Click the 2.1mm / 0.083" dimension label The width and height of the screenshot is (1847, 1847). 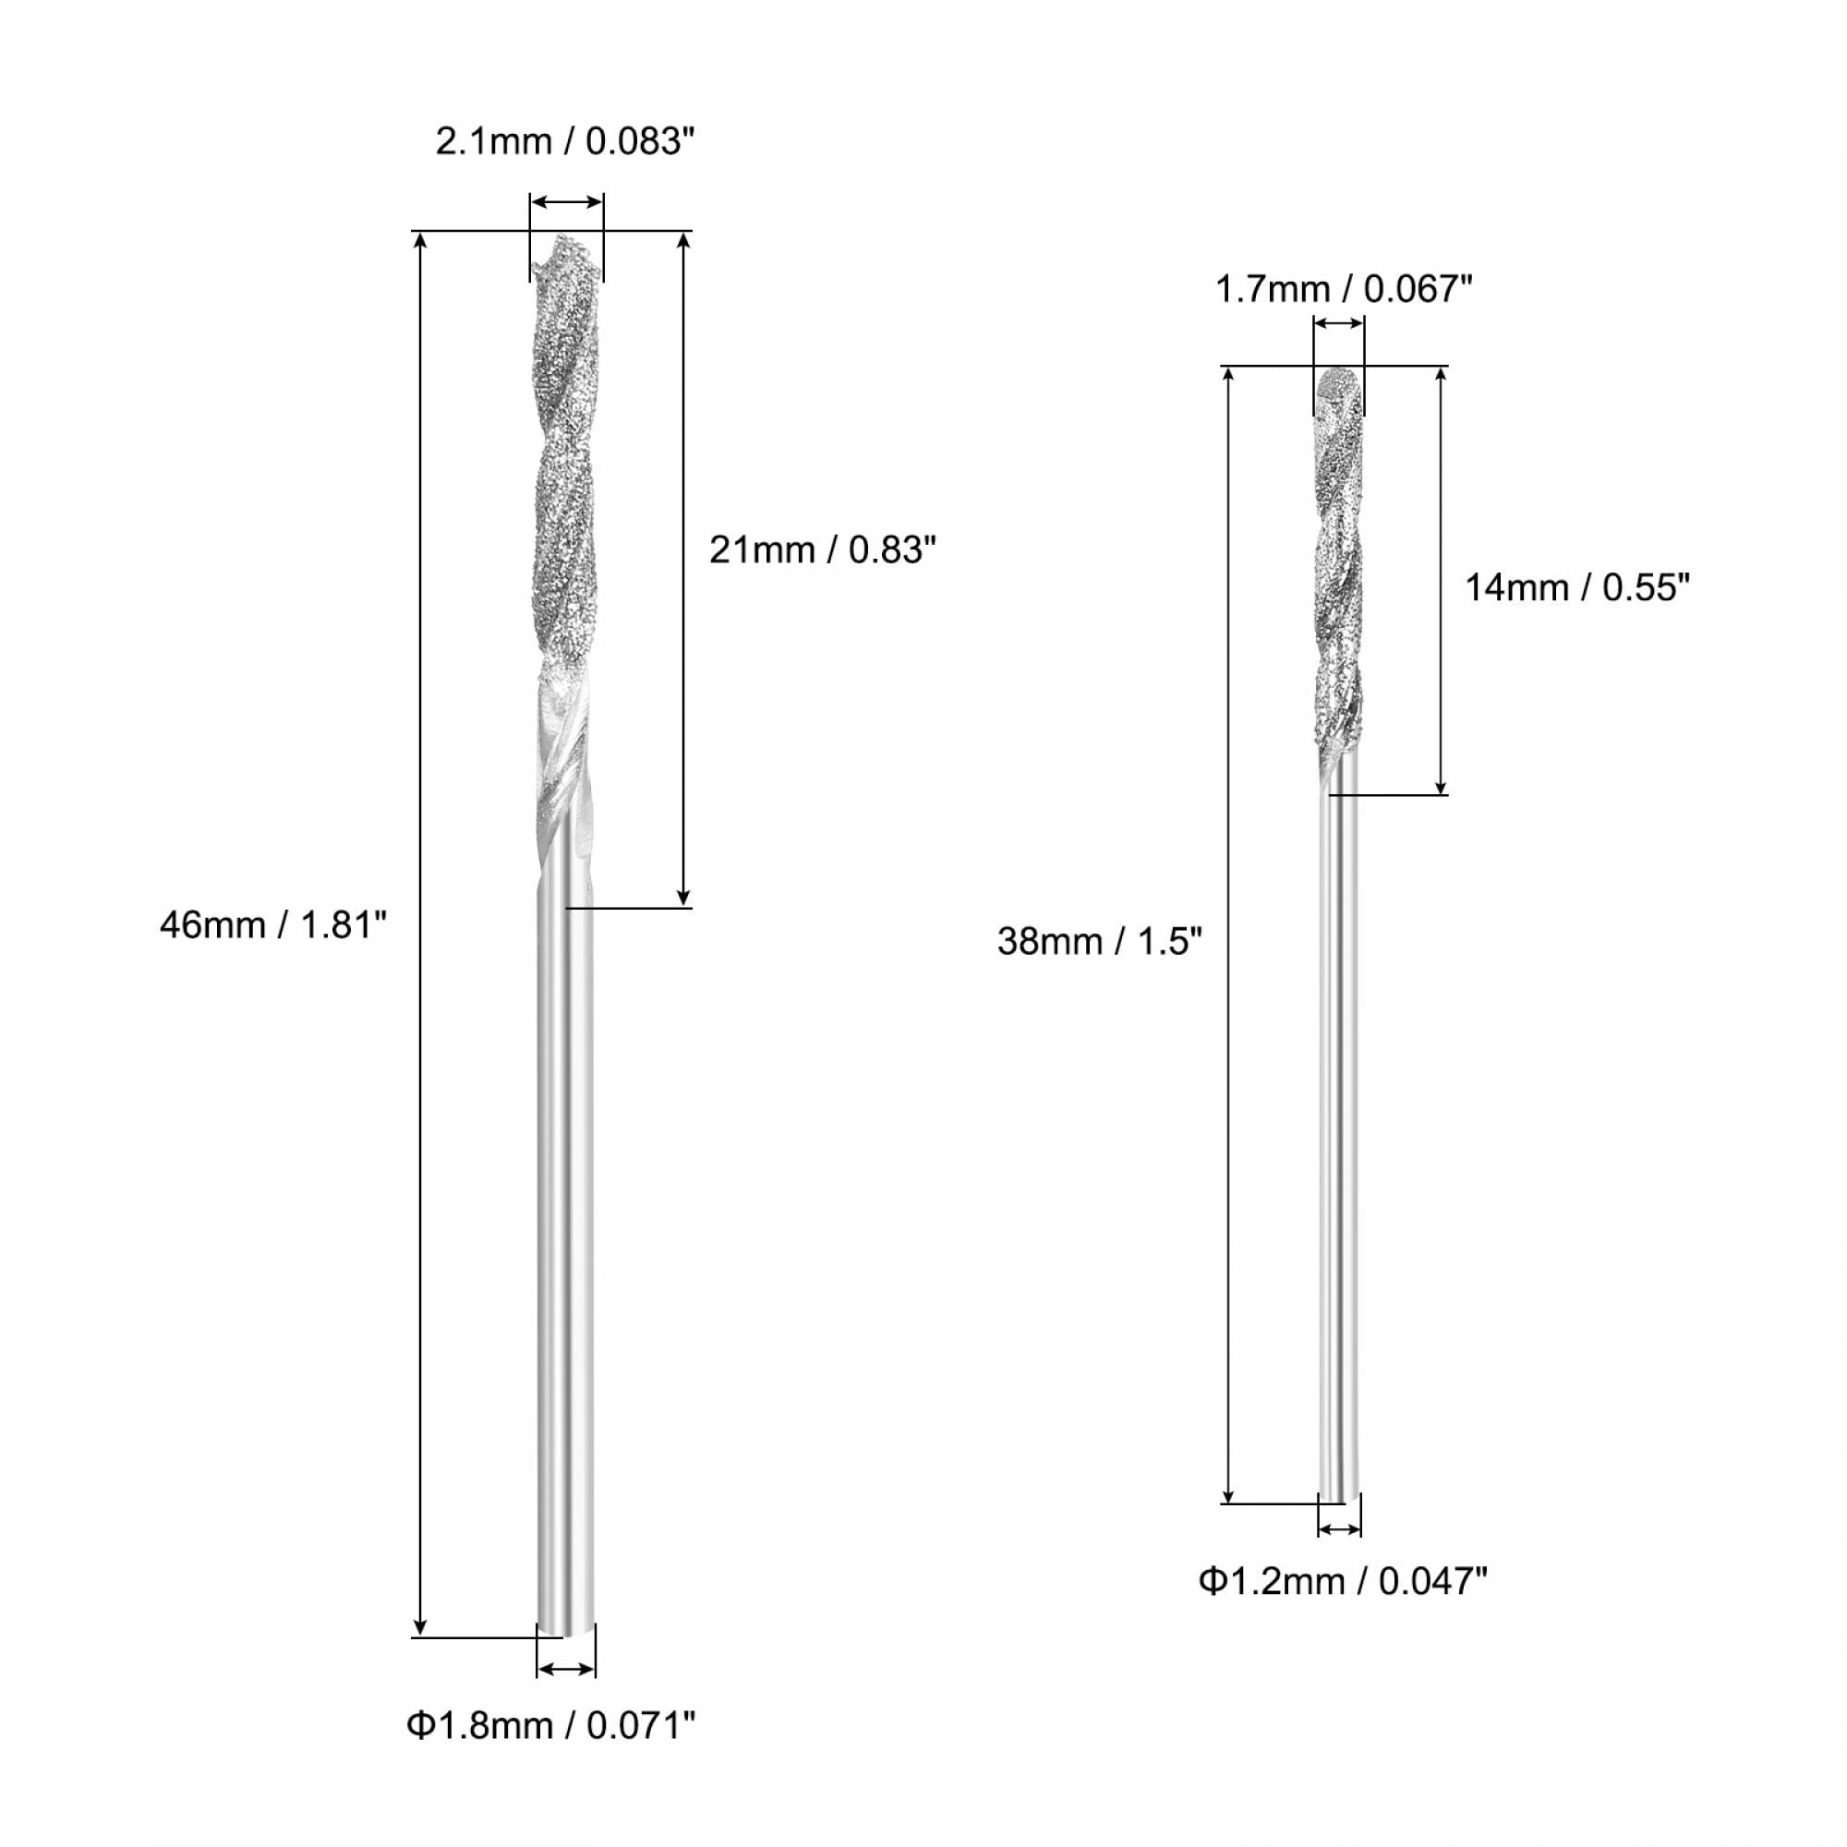pos(564,141)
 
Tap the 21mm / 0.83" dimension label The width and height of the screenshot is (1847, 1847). pos(822,549)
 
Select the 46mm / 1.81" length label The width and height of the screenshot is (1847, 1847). pos(273,925)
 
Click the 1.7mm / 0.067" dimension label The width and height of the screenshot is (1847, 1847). pos(1343,289)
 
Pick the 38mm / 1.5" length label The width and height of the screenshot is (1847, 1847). pos(1099,942)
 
